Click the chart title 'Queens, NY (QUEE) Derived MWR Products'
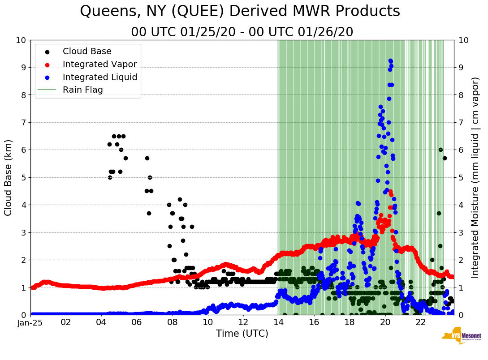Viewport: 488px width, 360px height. coord(240,12)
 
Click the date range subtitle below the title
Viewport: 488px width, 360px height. coord(242,32)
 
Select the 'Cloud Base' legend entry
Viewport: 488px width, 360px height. coord(87,51)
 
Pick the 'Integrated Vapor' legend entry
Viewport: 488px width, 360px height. coord(99,64)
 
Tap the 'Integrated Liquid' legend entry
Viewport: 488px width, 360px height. coord(100,77)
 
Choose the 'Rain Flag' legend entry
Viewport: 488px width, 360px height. coord(82,90)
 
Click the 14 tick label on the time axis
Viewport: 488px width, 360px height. coord(278,322)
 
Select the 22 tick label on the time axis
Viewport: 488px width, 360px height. coord(420,322)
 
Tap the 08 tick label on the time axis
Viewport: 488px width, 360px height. coord(173,322)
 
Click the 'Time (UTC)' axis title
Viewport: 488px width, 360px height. coord(242,334)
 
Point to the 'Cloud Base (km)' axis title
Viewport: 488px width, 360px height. coord(9,177)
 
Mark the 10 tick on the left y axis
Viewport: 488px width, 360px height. coord(21,40)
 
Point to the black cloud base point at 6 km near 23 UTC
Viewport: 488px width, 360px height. coord(440,150)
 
